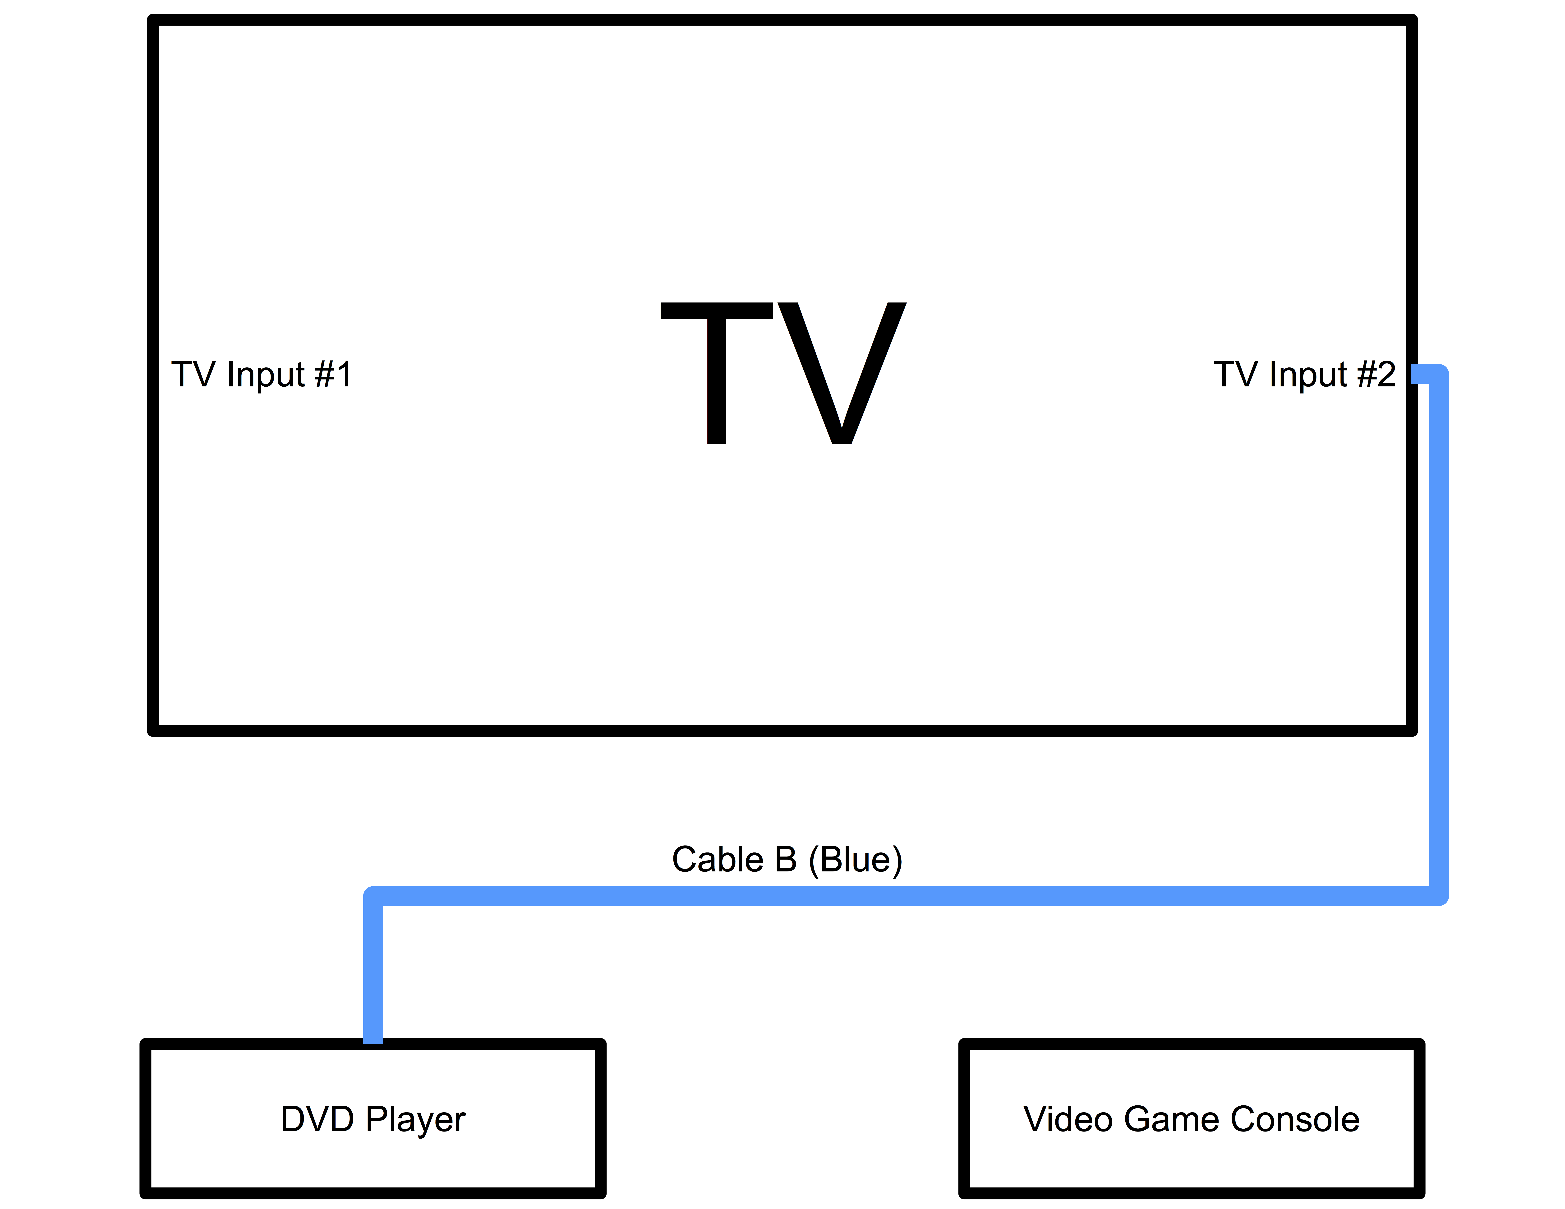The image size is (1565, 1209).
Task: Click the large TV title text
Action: click(x=783, y=372)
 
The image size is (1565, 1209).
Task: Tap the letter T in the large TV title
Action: click(x=717, y=372)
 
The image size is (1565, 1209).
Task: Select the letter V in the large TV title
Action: click(x=842, y=372)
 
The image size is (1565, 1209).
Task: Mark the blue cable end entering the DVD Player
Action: click(x=373, y=1031)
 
